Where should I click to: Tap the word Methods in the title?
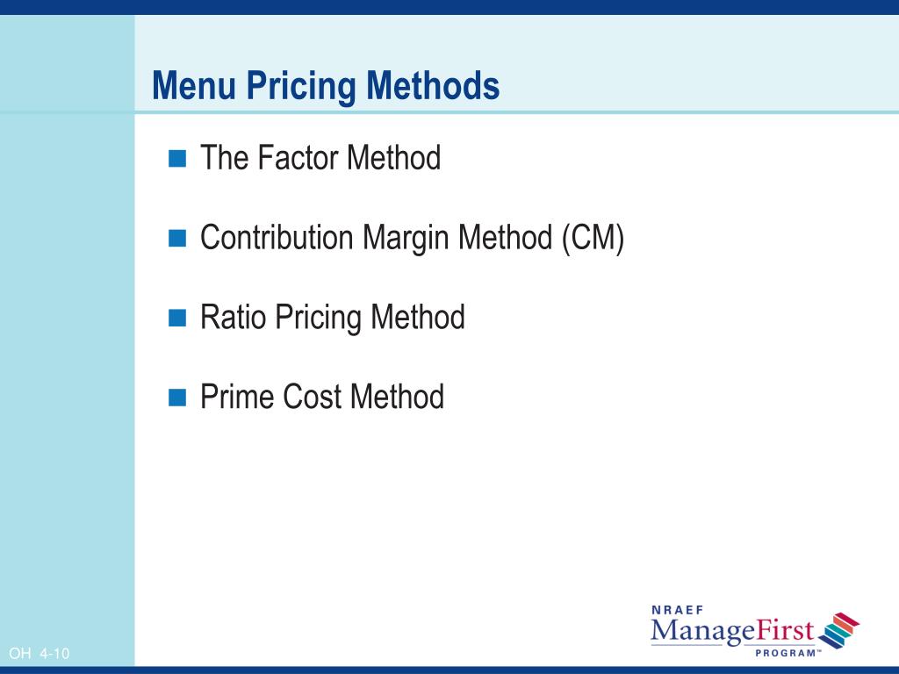tap(433, 86)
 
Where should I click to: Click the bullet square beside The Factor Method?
tap(178, 159)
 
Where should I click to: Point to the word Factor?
tap(298, 159)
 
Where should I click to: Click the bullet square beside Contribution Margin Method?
tap(178, 238)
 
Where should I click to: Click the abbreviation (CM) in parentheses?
tap(593, 239)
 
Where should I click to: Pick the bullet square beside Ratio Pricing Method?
tap(178, 318)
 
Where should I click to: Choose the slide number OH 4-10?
tap(39, 654)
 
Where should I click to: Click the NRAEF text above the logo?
tap(679, 609)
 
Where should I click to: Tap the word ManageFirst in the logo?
tap(732, 631)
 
